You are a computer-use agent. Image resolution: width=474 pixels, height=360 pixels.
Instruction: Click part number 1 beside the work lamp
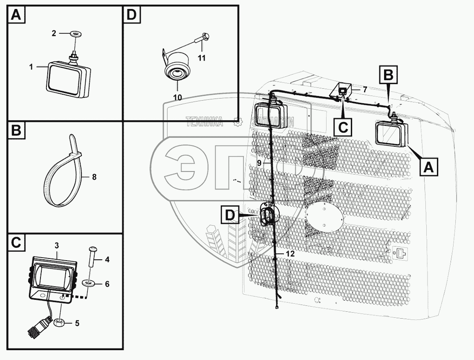click(x=31, y=67)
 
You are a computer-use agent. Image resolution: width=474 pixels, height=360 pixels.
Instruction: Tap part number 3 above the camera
click(x=57, y=245)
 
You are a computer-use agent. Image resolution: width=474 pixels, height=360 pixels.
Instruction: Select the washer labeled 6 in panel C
click(x=90, y=284)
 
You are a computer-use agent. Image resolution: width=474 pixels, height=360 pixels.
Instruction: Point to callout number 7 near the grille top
click(x=365, y=90)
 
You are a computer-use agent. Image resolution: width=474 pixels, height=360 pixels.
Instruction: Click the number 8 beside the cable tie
click(x=94, y=177)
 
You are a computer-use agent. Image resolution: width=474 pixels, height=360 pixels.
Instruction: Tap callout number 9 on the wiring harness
click(x=259, y=163)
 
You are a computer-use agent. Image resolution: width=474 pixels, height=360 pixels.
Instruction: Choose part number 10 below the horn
click(x=178, y=97)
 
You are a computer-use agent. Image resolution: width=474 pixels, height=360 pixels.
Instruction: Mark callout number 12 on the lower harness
click(x=290, y=253)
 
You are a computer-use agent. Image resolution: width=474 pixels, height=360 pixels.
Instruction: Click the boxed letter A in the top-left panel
click(x=16, y=15)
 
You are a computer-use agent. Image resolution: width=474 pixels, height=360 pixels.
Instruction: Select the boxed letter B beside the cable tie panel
click(x=16, y=131)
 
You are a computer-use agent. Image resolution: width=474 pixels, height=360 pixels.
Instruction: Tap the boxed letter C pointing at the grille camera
click(x=343, y=128)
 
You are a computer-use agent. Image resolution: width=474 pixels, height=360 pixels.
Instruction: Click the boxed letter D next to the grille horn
click(x=230, y=215)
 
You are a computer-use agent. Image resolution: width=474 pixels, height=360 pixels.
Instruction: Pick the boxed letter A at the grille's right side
click(x=429, y=167)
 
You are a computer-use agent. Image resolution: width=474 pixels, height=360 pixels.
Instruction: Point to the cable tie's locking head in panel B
click(x=75, y=156)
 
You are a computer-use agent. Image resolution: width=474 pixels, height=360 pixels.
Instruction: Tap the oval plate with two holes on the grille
click(x=324, y=218)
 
